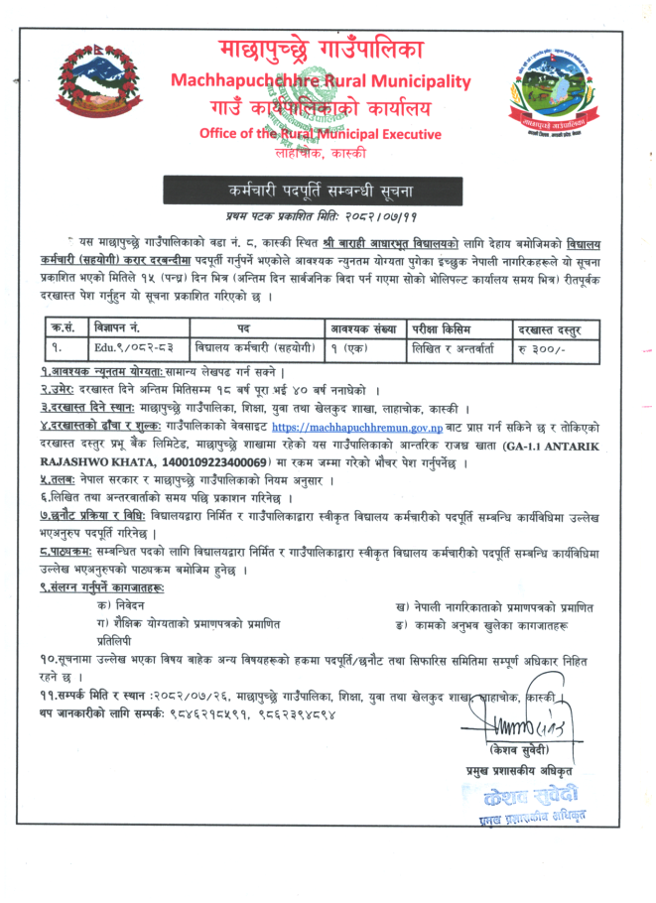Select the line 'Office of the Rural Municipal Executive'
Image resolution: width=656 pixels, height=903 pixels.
(322, 133)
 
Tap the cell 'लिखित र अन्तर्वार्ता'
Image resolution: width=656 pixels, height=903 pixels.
(458, 348)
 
